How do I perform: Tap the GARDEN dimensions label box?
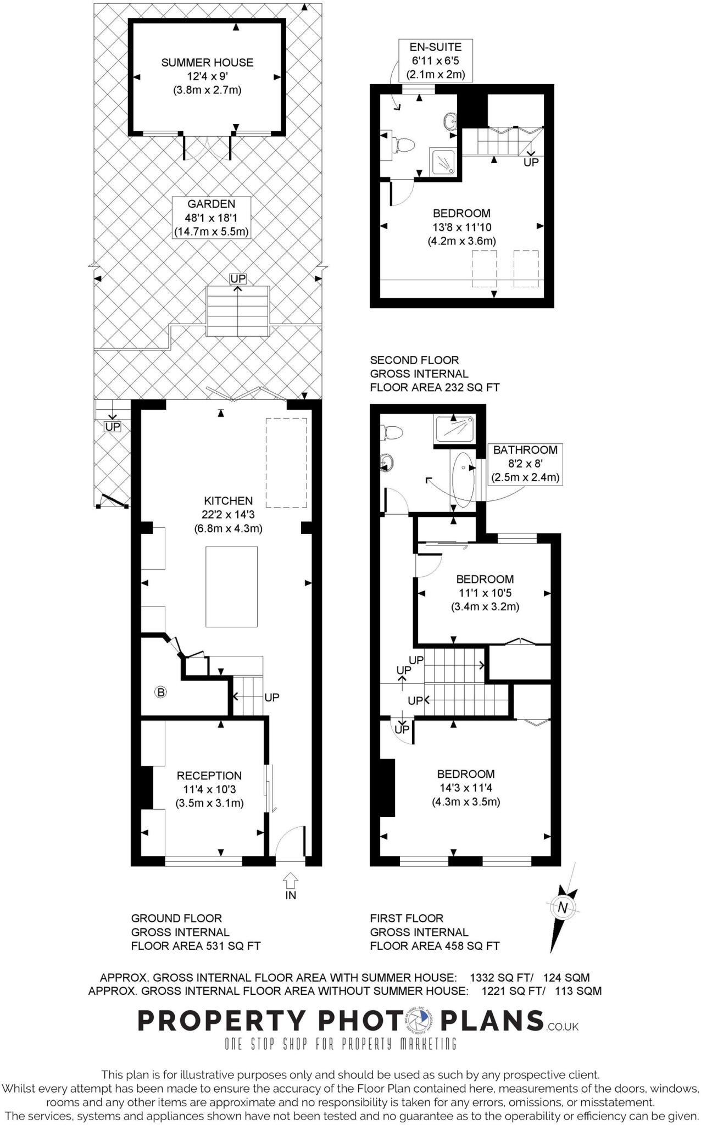pos(212,218)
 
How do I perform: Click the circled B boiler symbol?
pos(161,692)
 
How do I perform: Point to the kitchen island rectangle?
pos(231,586)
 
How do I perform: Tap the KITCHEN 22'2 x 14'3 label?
pos(228,515)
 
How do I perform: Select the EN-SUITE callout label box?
pos(436,60)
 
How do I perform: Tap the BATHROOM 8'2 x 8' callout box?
pos(525,464)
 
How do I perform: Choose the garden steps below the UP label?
pos(237,311)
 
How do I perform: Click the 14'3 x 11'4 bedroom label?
pos(465,787)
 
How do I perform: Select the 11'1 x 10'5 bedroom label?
pos(485,593)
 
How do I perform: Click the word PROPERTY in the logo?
pos(220,1021)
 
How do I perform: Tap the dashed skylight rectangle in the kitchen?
pos(286,463)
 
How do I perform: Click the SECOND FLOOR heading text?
pos(414,360)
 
